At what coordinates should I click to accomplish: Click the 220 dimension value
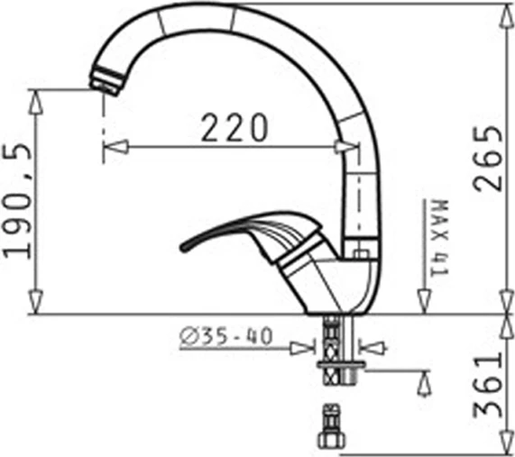pos(234,128)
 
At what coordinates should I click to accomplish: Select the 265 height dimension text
pos(488,158)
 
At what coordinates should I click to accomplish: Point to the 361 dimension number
pos(488,386)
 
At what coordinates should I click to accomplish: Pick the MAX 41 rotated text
pos(438,236)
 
